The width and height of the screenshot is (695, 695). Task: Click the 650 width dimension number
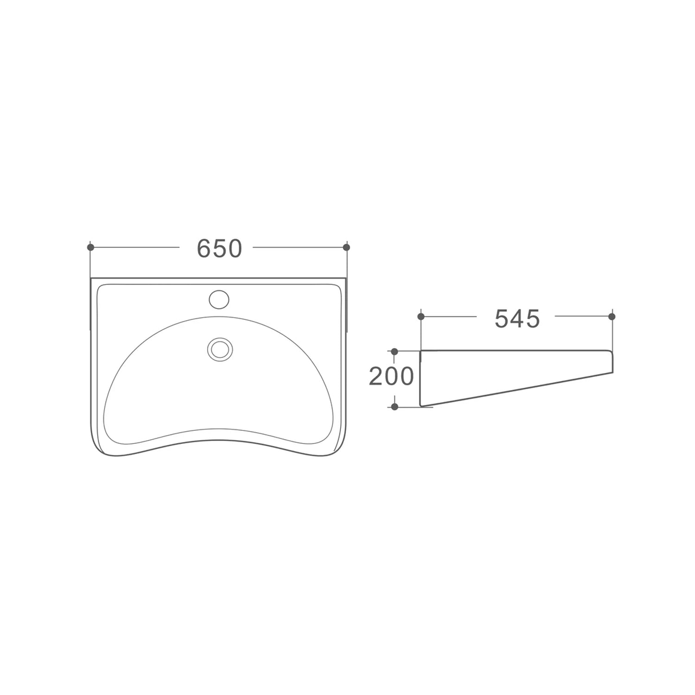pyautogui.click(x=219, y=249)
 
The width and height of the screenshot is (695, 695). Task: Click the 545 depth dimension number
pyautogui.click(x=517, y=319)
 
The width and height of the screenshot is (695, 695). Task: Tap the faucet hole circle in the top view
pyautogui.click(x=219, y=299)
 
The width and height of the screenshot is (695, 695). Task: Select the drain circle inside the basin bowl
pyautogui.click(x=219, y=348)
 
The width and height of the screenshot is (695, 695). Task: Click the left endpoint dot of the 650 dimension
pyautogui.click(x=91, y=247)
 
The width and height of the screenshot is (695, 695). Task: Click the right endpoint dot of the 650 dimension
pyautogui.click(x=346, y=247)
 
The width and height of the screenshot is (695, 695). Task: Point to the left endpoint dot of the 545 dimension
pyautogui.click(x=421, y=316)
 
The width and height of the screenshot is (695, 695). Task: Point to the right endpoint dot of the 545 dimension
pyautogui.click(x=612, y=316)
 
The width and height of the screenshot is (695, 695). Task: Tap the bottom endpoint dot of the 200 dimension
pyautogui.click(x=395, y=407)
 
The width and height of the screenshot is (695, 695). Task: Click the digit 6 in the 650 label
pyautogui.click(x=204, y=249)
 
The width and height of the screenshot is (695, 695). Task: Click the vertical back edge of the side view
pyautogui.click(x=420, y=378)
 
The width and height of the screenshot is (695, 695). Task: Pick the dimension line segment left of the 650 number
pyautogui.click(x=134, y=247)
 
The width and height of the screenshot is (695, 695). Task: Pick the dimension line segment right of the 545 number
pyautogui.click(x=583, y=316)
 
